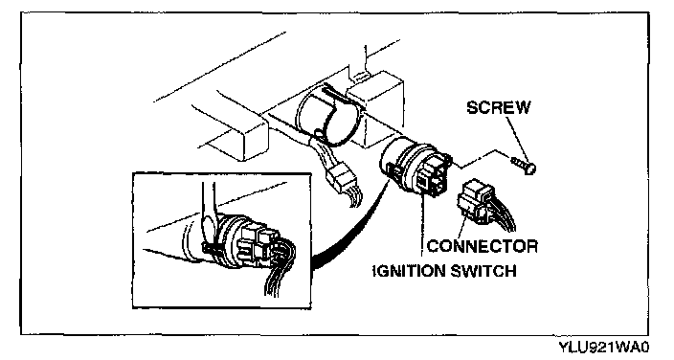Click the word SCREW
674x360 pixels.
pos(498,107)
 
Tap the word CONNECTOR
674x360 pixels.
pos(483,246)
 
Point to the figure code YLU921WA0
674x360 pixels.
pos(604,347)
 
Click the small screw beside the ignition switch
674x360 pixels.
pos(523,166)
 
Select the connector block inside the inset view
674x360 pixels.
pos(257,244)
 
